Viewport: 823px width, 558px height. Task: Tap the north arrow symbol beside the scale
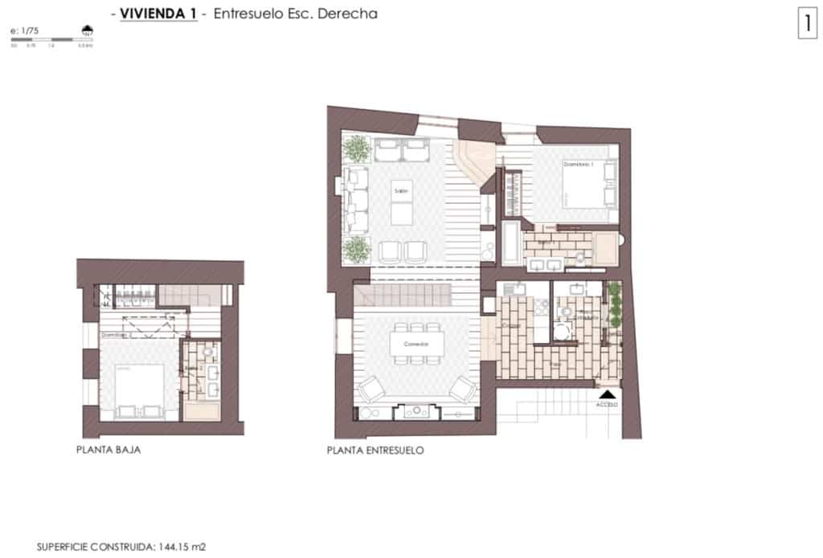86,31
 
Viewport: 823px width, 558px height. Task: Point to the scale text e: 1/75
24,31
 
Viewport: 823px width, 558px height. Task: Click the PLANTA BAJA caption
109,450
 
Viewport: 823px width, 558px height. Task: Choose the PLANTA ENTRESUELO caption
375,451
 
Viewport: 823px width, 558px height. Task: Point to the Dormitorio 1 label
576,164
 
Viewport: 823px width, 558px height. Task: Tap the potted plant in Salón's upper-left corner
356,149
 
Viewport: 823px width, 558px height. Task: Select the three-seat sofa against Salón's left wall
354,197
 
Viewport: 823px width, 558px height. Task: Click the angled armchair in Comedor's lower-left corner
371,390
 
